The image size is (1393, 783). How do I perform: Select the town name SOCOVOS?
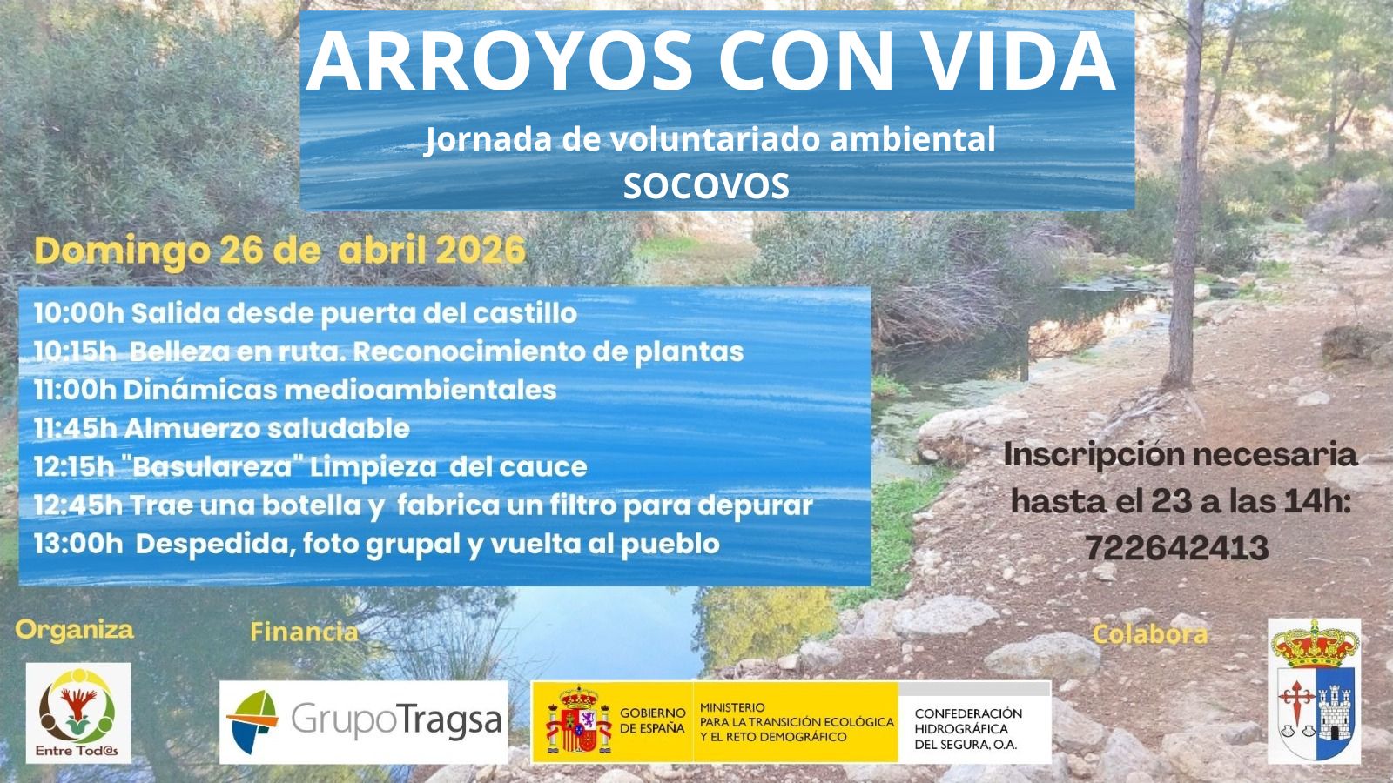pyautogui.click(x=706, y=185)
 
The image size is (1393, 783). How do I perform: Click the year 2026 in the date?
pyautogui.click(x=480, y=251)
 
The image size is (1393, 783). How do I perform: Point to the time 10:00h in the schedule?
pyautogui.click(x=79, y=313)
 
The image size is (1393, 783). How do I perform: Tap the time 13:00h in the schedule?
pyautogui.click(x=78, y=544)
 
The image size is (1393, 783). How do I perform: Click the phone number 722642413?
pyautogui.click(x=1177, y=548)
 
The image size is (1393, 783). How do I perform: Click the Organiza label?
pyautogui.click(x=75, y=631)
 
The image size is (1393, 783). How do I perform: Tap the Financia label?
pyautogui.click(x=304, y=632)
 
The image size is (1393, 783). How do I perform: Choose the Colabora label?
pyautogui.click(x=1150, y=634)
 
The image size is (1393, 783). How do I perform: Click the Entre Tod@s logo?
pyautogui.click(x=78, y=713)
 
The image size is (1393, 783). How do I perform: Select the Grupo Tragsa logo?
pyautogui.click(x=364, y=722)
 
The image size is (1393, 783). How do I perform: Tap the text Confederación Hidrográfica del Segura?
pyautogui.click(x=968, y=729)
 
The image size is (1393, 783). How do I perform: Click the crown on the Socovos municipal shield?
pyautogui.click(x=1314, y=645)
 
